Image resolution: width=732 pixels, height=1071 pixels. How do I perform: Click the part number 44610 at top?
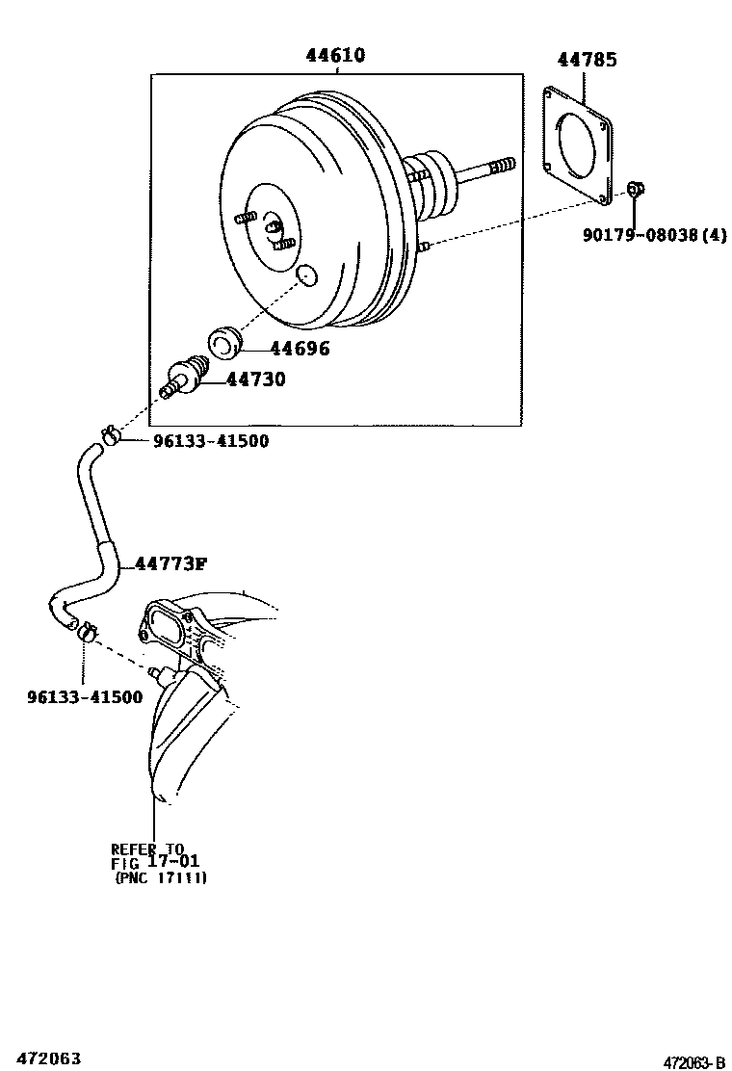coord(335,55)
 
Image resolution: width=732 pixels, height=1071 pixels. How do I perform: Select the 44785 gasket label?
coord(586,60)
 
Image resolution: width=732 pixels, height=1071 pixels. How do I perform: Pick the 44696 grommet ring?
coord(225,342)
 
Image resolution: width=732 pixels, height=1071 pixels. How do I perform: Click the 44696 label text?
coord(300,349)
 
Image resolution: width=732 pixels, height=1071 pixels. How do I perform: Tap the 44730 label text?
coord(255,379)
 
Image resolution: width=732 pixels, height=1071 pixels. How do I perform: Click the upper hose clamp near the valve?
coord(109,436)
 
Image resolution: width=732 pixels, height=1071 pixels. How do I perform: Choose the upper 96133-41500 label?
coord(211,441)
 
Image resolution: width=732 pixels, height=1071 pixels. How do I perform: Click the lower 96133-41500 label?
coord(84,696)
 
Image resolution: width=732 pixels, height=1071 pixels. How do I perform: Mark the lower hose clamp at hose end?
coord(85,632)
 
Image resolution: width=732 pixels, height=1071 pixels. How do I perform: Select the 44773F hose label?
coord(170,563)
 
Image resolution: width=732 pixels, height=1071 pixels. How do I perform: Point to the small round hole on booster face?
coord(306,277)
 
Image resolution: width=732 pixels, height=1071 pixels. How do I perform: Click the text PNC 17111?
coord(161,877)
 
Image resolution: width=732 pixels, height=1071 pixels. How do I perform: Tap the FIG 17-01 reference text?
coord(155,862)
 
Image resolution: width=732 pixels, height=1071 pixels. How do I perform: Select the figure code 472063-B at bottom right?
coord(693,1062)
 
